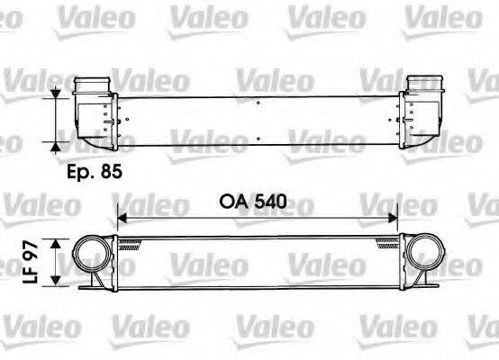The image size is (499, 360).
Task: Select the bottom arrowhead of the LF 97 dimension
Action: (59, 283)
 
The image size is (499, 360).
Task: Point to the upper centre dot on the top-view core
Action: (259, 104)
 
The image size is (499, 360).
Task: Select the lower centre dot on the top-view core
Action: (259, 140)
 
